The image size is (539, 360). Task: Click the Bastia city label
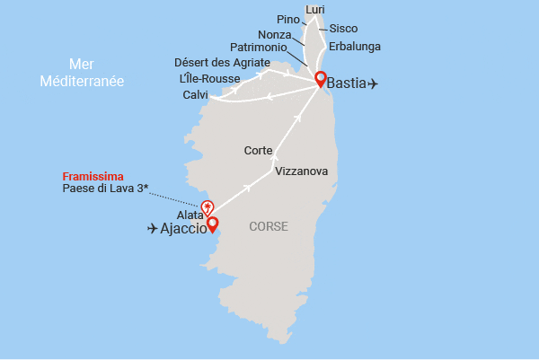(347, 83)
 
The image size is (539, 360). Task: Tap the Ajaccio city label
(190, 229)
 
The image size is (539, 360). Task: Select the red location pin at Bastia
(319, 78)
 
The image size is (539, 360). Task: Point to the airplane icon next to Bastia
(373, 83)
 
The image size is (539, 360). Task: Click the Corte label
(259, 151)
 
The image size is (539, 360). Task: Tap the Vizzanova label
(302, 171)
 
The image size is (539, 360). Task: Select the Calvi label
(195, 94)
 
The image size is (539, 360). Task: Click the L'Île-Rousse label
(209, 78)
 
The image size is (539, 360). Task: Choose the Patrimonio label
(258, 46)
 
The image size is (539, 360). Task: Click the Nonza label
(274, 33)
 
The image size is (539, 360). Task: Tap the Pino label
(289, 18)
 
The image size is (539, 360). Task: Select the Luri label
(315, 10)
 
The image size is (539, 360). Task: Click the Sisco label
(343, 28)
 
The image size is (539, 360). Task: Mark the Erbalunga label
(355, 45)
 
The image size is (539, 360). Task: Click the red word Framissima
(93, 177)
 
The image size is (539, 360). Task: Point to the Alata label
(190, 215)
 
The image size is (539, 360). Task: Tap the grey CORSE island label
(269, 226)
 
